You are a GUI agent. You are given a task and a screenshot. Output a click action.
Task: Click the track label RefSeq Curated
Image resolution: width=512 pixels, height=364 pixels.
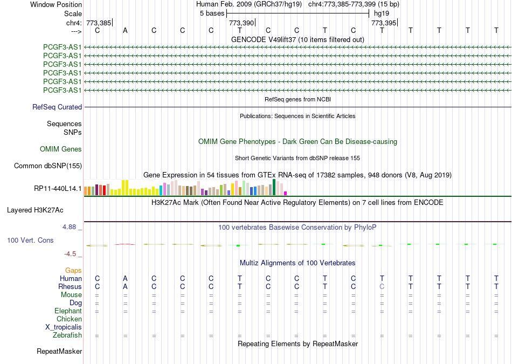pos(57,107)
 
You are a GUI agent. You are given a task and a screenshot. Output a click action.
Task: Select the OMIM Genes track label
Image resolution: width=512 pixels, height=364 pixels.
pos(61,149)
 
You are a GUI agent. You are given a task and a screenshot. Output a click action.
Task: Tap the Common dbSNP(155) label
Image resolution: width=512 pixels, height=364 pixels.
pos(48,166)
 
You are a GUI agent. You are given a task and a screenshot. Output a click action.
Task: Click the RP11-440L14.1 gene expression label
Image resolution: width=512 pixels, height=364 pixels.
pos(58,188)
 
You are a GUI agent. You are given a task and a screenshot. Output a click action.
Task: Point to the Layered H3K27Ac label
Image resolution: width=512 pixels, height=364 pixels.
pos(35,210)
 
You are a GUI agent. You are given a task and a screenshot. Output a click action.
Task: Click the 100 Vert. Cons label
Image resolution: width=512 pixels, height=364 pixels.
pos(30,240)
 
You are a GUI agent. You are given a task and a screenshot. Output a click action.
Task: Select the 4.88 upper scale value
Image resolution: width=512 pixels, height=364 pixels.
pos(69,227)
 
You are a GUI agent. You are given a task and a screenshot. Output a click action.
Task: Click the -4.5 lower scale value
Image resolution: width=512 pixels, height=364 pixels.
pos(70,254)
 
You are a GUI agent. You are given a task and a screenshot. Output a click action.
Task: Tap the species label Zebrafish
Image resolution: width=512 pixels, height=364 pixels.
pos(67,335)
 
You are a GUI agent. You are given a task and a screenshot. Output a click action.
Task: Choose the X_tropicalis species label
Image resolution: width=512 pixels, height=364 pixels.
pos(64,327)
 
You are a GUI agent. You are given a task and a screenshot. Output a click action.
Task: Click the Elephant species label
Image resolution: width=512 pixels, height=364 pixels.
pos(68,311)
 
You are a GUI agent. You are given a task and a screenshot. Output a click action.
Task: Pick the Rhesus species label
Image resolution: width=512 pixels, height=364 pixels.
pos(70,286)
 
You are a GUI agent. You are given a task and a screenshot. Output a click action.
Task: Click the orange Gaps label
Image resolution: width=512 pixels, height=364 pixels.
pos(73,270)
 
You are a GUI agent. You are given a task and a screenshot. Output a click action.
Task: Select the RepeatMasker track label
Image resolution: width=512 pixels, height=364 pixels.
pos(59,351)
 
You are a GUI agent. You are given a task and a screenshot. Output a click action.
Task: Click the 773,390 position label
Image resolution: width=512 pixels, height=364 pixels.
pos(241,23)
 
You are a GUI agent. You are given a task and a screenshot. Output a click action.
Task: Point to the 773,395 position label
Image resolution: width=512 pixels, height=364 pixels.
pos(384,23)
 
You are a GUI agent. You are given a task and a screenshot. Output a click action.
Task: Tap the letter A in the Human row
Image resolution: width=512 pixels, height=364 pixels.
pos(125,278)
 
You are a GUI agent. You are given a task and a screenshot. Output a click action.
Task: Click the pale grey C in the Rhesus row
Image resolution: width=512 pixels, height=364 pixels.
pos(382,286)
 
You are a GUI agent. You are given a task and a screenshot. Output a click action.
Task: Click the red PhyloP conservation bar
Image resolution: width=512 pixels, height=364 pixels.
pos(124,244)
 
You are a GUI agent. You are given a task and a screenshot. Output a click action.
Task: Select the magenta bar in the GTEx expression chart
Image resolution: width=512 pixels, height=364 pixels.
pos(286,194)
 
